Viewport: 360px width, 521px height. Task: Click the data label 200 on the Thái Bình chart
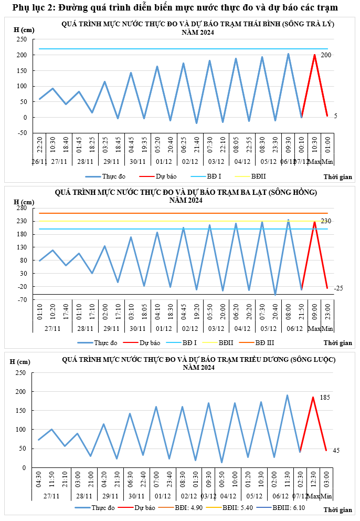341,55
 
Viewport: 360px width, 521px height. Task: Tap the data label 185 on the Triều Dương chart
340,398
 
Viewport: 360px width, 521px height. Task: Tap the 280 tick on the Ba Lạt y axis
22,208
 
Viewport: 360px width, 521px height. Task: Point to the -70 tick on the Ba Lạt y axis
22,300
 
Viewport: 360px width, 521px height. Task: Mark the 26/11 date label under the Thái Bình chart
40,162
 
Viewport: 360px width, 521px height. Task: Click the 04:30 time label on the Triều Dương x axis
39,480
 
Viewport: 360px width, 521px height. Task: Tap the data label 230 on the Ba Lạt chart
340,221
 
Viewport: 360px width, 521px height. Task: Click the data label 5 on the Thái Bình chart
335,116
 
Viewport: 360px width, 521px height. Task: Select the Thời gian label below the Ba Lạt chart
337,343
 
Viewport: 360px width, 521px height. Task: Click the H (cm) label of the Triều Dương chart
20,362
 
